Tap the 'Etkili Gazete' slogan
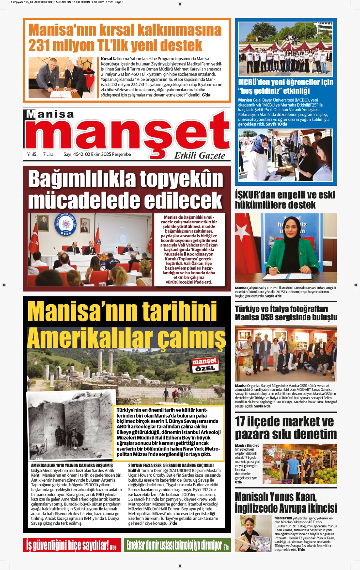pos(199,156)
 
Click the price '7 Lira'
pos(48,154)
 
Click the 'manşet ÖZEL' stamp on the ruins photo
pos(204,365)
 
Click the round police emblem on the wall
pos(66,224)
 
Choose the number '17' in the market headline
pos(240,422)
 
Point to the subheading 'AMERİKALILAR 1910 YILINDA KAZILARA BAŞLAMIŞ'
pos(72,465)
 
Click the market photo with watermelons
pos(299,463)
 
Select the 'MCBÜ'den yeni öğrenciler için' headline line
pos(286,82)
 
